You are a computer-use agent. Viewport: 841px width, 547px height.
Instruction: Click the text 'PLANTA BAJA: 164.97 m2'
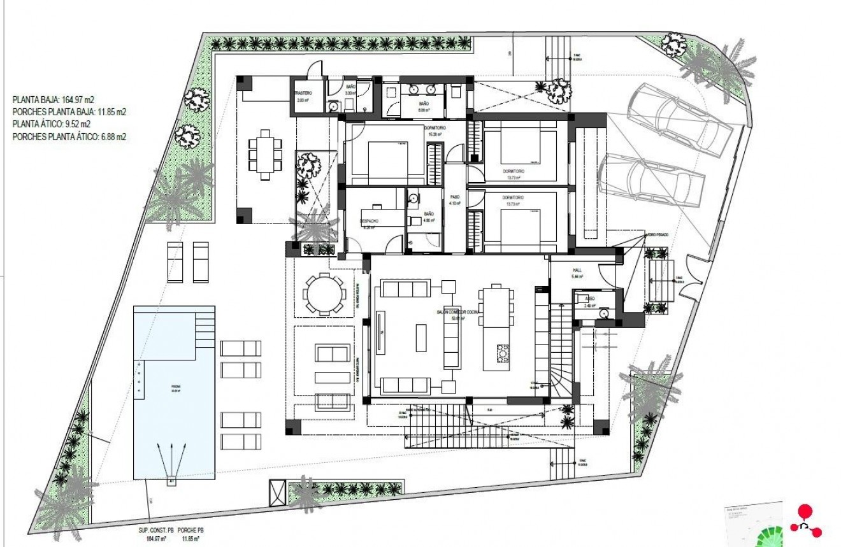(52, 100)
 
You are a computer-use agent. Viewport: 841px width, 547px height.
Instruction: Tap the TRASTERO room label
(303, 95)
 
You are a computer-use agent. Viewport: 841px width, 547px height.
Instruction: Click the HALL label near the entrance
(577, 269)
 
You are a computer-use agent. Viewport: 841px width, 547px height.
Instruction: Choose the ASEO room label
(589, 298)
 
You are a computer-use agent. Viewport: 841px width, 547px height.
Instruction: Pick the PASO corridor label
(454, 197)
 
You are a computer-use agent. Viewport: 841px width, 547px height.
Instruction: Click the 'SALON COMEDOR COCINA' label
(457, 312)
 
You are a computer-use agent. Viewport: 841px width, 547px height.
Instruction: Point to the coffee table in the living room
(421, 337)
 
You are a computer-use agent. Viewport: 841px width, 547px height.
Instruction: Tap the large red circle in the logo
(805, 511)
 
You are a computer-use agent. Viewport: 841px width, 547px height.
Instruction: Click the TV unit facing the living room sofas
(380, 331)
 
